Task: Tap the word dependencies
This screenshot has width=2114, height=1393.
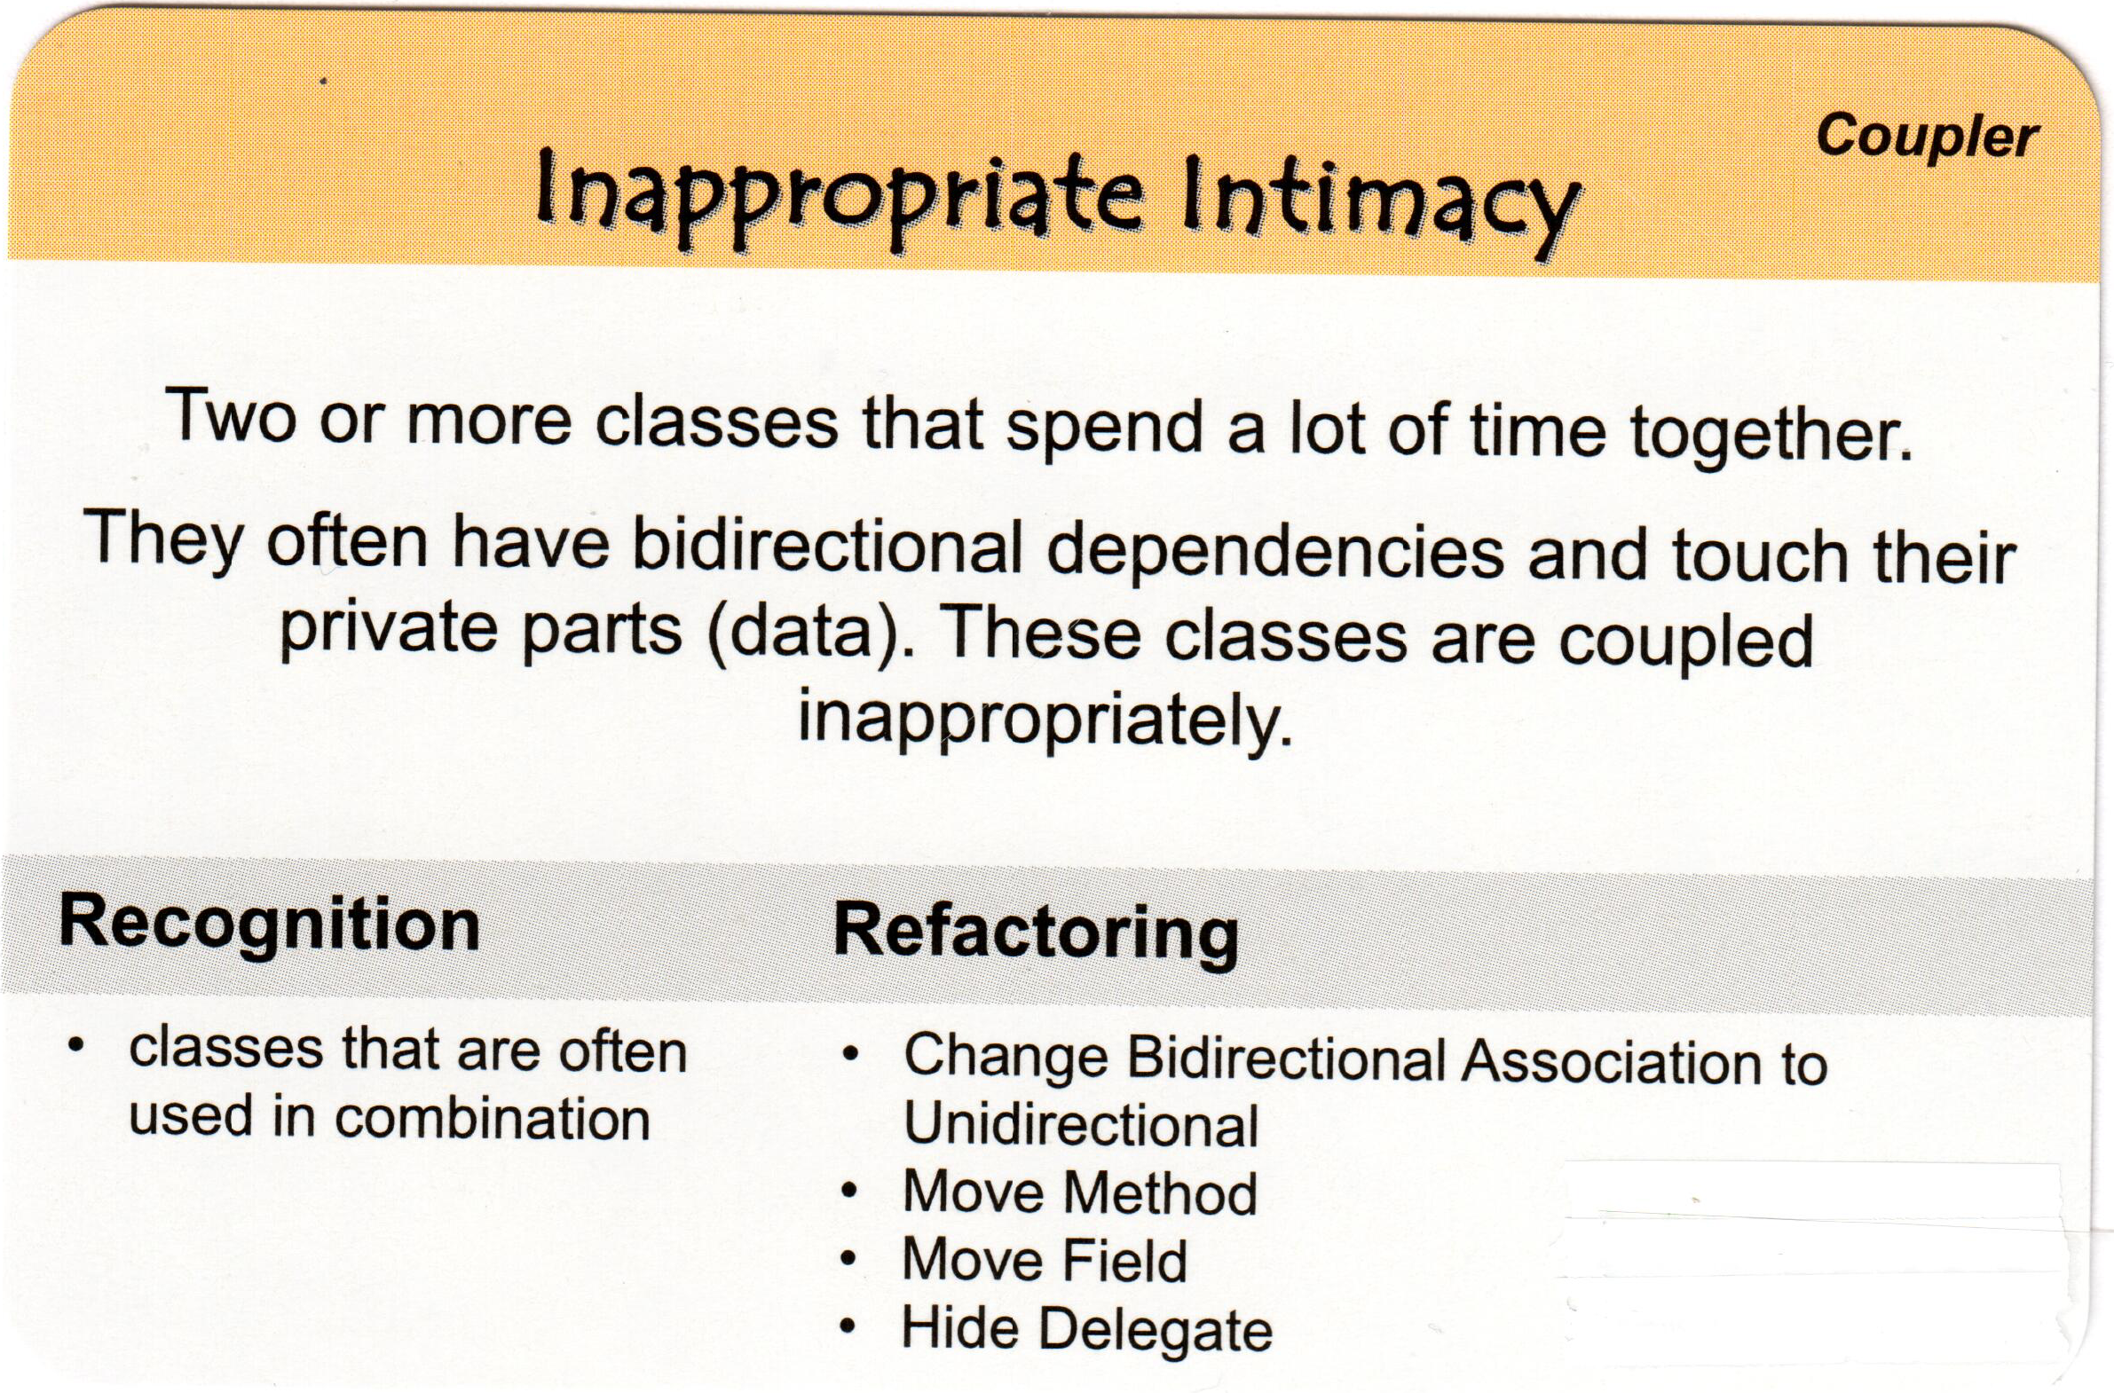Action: (1275, 552)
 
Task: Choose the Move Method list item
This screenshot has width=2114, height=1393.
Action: (1081, 1192)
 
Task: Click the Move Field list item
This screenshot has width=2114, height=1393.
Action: (1045, 1261)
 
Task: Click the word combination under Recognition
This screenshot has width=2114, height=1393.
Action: (493, 1119)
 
